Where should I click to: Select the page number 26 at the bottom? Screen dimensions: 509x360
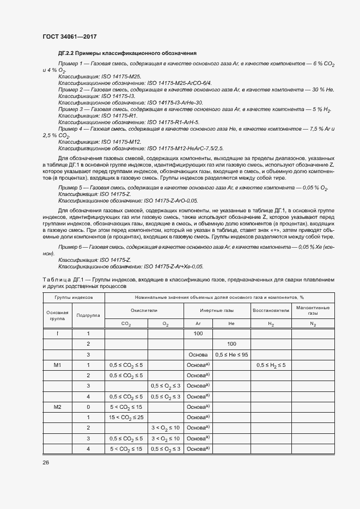pyautogui.click(x=46, y=463)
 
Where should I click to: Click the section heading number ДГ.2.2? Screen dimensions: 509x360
pyautogui.click(x=66, y=53)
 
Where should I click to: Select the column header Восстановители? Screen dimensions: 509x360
pyautogui.click(x=271, y=310)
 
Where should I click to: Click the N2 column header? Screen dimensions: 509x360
pyautogui.click(x=313, y=324)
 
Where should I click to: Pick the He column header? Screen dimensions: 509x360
pyautogui.click(x=231, y=324)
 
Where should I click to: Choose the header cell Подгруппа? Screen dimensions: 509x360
pyautogui.click(x=88, y=315)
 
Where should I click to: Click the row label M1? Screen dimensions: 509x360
pyautogui.click(x=57, y=365)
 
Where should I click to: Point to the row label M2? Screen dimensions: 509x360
pyautogui.click(x=57, y=407)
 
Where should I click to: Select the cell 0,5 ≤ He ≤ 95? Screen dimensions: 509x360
pyautogui.click(x=231, y=354)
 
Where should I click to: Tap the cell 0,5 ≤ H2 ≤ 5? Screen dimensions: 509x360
pyautogui.click(x=271, y=365)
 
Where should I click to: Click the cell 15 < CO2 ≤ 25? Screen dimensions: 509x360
pyautogui.click(x=126, y=417)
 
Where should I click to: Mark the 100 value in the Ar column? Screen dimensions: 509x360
pyautogui.click(x=198, y=333)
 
